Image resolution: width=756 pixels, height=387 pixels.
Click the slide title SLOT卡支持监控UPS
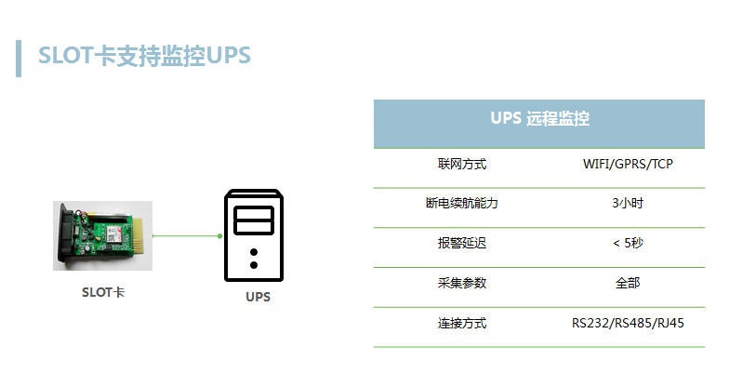144,56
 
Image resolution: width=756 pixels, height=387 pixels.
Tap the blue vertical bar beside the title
19,57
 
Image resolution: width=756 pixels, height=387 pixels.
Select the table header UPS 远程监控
539,120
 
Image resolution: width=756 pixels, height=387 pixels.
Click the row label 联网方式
462,165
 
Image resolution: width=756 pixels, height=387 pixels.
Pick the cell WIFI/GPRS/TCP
628,165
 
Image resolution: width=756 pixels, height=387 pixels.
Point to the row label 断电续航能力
462,204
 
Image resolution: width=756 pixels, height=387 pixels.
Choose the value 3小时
628,204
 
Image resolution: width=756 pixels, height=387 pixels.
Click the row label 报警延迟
462,243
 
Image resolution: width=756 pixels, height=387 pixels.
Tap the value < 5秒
628,243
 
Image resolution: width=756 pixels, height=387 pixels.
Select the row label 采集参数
462,283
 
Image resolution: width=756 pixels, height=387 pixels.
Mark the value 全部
628,283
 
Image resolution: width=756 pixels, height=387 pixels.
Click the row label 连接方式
462,323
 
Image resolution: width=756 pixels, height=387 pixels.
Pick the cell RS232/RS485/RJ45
628,323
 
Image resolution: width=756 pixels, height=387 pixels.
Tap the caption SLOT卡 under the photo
102,292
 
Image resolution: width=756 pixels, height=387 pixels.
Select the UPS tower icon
254,235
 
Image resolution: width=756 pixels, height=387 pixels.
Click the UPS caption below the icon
259,298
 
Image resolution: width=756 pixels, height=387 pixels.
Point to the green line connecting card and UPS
186,236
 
